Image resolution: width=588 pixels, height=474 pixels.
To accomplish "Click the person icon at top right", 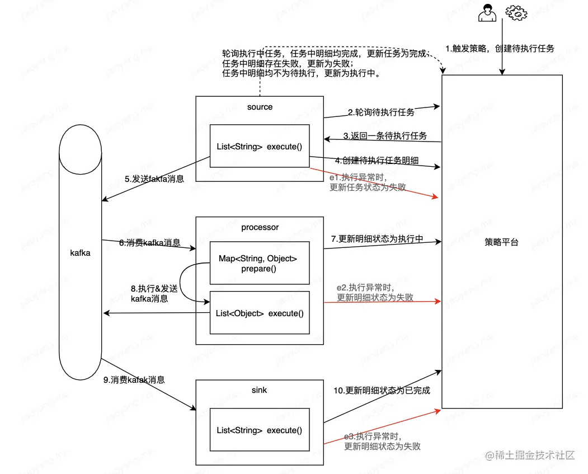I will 487,13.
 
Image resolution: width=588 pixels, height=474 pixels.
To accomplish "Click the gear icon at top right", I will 516,13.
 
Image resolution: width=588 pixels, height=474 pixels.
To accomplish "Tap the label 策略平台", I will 501,242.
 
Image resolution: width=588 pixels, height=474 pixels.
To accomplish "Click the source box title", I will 260,107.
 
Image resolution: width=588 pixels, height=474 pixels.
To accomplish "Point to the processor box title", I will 260,227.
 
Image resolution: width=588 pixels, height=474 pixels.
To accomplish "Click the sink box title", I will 260,389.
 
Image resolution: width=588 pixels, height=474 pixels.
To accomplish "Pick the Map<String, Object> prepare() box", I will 260,263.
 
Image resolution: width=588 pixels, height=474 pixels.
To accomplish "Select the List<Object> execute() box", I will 260,313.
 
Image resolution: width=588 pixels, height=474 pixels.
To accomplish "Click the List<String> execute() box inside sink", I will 260,430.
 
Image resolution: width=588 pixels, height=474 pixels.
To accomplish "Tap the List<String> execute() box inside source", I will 260,147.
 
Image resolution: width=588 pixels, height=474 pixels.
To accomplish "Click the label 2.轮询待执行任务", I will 381,112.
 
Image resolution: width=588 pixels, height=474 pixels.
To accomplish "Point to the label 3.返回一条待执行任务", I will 385,136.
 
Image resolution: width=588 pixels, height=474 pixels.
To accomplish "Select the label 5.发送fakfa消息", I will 154,179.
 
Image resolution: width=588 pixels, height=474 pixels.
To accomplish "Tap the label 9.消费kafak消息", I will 134,379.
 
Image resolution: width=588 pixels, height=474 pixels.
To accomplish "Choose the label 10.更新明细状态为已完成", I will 382,391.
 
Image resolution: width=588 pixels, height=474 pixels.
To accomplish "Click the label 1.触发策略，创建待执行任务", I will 500,49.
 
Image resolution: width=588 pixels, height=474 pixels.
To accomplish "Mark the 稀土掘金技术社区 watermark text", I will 530,456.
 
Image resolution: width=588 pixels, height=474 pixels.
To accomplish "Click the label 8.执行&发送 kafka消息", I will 154,294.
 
